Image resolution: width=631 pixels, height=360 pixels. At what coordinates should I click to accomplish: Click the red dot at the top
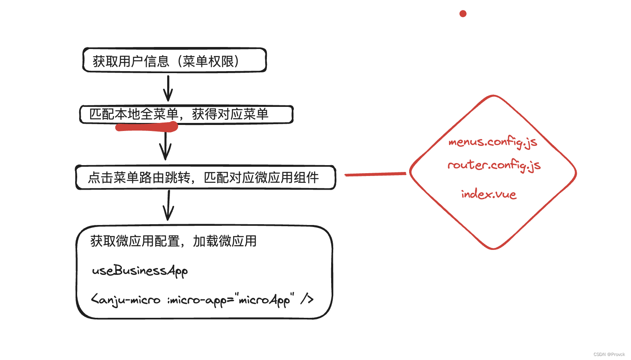point(463,14)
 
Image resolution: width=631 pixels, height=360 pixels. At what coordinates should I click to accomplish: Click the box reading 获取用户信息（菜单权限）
point(174,60)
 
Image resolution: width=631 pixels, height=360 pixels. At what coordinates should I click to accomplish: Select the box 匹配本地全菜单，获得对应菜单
point(186,114)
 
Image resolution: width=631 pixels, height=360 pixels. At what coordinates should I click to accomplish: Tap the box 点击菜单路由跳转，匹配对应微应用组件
point(205,177)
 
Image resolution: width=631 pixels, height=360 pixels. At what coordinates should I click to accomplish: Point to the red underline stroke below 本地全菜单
point(147,127)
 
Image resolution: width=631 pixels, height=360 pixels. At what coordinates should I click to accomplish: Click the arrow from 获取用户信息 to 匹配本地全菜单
point(168,88)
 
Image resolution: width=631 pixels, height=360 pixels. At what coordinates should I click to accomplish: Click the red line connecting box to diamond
point(375,174)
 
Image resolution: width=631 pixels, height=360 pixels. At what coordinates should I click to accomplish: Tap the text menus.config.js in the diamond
point(493,142)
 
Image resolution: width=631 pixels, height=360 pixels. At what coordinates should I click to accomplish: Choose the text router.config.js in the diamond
point(494,165)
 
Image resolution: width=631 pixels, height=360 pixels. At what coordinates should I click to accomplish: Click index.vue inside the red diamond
point(489,194)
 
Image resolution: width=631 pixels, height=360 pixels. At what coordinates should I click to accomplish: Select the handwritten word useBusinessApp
point(140,271)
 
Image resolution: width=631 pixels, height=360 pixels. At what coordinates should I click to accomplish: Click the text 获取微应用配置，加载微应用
point(173,241)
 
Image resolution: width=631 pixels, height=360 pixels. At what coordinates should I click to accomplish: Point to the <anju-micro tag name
point(125,300)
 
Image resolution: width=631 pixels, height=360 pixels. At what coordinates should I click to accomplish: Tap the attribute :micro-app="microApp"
point(231,300)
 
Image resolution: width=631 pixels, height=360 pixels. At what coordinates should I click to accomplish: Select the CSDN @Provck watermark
point(609,354)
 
